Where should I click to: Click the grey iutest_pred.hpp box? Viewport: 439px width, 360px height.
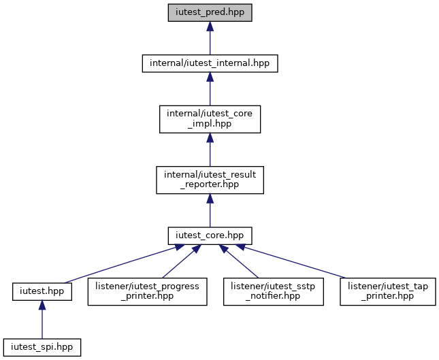pos(210,14)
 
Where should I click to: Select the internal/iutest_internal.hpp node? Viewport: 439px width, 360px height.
pos(210,63)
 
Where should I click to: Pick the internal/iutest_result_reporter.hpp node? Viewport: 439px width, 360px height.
pos(210,180)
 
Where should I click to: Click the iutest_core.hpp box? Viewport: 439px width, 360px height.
pos(210,235)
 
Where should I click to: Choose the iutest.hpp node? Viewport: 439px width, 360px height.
pos(42,291)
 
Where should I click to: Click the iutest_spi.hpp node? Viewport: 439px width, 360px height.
pos(42,346)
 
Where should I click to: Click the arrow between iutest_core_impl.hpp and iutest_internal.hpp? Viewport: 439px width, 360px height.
pos(210,89)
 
